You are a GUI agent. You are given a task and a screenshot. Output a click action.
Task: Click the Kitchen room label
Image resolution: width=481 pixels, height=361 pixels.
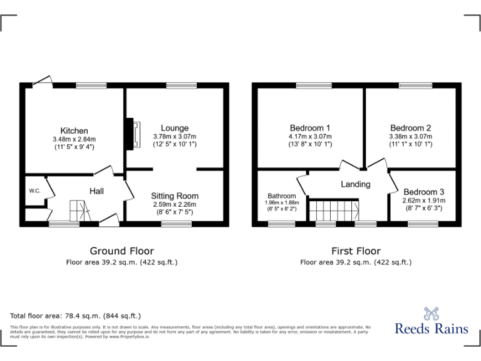pyautogui.click(x=74, y=130)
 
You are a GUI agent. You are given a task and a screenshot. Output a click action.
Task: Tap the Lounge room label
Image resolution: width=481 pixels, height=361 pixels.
pyautogui.click(x=174, y=128)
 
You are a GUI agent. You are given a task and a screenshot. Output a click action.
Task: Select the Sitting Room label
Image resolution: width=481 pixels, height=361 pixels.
pyautogui.click(x=174, y=196)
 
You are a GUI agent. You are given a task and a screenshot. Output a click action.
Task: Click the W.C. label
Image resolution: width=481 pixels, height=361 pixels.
pyautogui.click(x=34, y=191)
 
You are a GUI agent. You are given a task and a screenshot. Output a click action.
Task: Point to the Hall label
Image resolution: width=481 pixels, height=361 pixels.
pyautogui.click(x=96, y=191)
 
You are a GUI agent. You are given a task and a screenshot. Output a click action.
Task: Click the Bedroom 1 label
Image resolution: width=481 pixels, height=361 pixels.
pyautogui.click(x=311, y=128)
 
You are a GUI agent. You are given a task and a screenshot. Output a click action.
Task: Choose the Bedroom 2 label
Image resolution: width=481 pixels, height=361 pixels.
pyautogui.click(x=410, y=128)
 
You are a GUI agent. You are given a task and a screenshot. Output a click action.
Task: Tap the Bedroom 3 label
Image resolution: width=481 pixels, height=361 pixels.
pyautogui.click(x=423, y=192)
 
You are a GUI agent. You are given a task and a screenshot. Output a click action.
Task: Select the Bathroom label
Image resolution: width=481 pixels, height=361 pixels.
pyautogui.click(x=281, y=196)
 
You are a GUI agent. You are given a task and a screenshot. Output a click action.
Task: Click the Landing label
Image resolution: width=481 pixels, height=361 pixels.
pyautogui.click(x=355, y=184)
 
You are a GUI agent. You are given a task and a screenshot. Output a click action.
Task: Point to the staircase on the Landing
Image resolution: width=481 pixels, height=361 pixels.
pyautogui.click(x=335, y=209)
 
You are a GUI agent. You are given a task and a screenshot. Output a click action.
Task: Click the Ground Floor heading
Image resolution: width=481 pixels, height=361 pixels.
pyautogui.click(x=122, y=251)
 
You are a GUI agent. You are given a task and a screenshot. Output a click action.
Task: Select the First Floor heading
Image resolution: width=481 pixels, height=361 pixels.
pyautogui.click(x=355, y=251)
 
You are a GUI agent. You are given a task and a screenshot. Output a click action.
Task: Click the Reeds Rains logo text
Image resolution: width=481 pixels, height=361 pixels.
pyautogui.click(x=432, y=329)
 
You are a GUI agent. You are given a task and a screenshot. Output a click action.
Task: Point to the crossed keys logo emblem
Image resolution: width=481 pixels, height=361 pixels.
pyautogui.click(x=432, y=311)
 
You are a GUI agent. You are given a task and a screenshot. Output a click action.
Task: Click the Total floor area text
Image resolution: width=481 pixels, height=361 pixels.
pyautogui.click(x=76, y=316)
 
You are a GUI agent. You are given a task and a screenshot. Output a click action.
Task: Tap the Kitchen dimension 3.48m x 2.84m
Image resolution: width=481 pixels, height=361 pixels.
pyautogui.click(x=74, y=139)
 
